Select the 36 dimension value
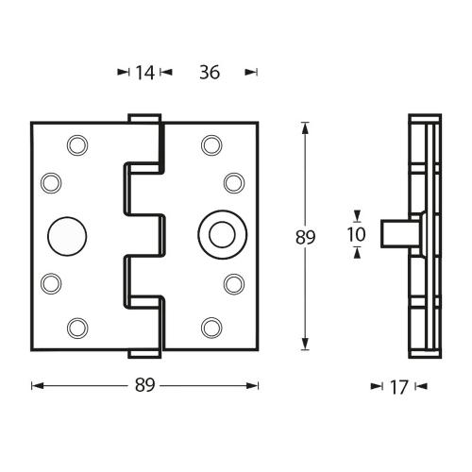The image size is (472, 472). point(210,72)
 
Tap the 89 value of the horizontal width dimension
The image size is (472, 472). point(144,385)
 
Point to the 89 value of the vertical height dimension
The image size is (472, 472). point(305,237)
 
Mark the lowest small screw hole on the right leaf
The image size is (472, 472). point(210,327)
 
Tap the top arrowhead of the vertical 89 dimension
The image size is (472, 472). point(305,127)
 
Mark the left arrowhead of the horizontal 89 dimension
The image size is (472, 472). point(36,385)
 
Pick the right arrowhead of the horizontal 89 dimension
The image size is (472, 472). point(254,385)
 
